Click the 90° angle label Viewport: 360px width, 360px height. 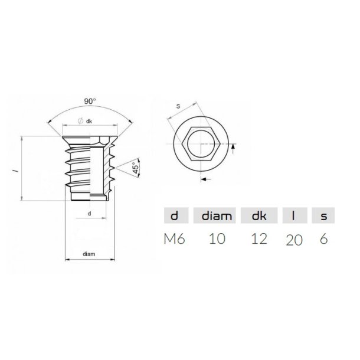click(x=89, y=102)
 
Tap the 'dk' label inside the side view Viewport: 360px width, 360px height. click(x=90, y=121)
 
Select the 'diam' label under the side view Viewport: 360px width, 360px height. click(x=89, y=254)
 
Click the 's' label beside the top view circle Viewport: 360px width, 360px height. click(x=178, y=107)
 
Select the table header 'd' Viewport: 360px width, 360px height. click(x=174, y=216)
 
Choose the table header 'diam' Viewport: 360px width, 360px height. click(x=215, y=216)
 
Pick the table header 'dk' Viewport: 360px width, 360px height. click(x=258, y=216)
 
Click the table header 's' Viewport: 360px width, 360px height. click(x=323, y=216)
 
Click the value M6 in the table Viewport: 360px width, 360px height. click(x=174, y=238)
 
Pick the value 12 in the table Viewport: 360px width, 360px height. click(x=258, y=238)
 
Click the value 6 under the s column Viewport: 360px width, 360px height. click(x=323, y=238)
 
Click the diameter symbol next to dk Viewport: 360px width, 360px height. click(x=80, y=121)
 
